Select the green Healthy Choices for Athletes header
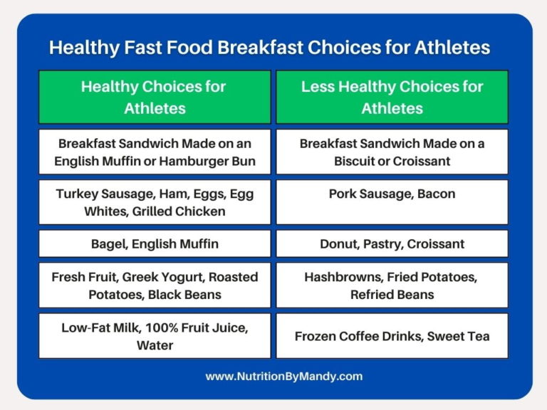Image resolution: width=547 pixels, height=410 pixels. pos(155,98)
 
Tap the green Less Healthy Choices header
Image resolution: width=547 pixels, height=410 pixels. pos(392,98)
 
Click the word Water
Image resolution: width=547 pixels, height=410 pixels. pos(155,345)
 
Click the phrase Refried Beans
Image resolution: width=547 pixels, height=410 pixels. pos(392,295)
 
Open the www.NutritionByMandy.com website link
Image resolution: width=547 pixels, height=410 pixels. pos(273,377)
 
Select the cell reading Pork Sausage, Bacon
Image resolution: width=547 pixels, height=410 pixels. pos(392,202)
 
